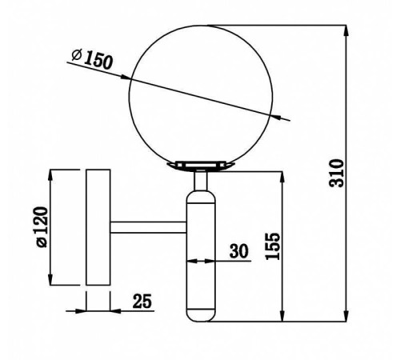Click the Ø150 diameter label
(x=92, y=59)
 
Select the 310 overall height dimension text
(x=337, y=173)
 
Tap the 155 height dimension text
(x=273, y=246)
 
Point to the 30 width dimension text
(x=238, y=251)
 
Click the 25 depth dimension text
(x=142, y=301)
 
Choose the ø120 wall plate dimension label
(x=42, y=227)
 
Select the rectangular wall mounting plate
(x=98, y=227)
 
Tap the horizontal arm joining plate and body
(x=149, y=227)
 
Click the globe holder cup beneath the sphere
(x=201, y=166)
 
